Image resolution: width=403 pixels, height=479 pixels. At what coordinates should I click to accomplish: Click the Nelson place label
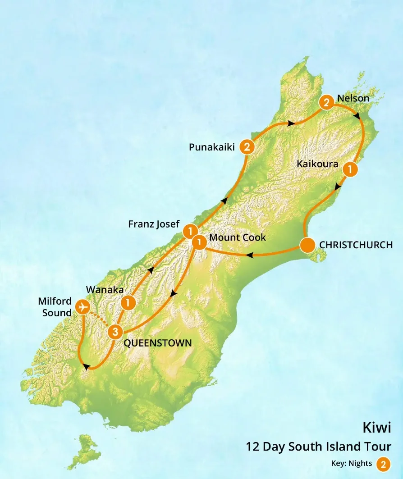coord(353,98)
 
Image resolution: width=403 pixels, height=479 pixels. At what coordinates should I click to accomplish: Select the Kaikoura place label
coord(317,164)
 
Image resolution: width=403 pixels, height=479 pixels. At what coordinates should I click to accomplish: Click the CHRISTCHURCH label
coord(356,245)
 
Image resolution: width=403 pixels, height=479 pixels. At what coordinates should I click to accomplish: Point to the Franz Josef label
coord(154,224)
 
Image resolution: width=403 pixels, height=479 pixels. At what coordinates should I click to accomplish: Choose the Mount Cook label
coord(238,237)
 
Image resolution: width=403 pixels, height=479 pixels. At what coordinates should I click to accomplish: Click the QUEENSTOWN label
coord(157,343)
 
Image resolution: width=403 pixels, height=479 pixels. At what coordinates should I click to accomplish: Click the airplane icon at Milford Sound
coord(82,306)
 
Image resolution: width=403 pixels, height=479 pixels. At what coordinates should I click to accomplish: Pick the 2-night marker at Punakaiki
coord(247,146)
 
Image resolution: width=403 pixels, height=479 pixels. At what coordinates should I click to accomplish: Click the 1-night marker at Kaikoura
coord(350,169)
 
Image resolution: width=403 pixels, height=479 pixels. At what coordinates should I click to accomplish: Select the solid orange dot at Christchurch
coord(307,246)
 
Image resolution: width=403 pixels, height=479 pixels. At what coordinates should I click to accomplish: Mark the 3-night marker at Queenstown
coord(115,333)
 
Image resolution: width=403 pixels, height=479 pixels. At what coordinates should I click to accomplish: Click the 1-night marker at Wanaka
coord(128,302)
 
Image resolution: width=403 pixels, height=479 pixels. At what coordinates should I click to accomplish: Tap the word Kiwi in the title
coord(377,427)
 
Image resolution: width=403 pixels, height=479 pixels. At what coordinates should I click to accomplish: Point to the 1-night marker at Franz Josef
coord(190,231)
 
